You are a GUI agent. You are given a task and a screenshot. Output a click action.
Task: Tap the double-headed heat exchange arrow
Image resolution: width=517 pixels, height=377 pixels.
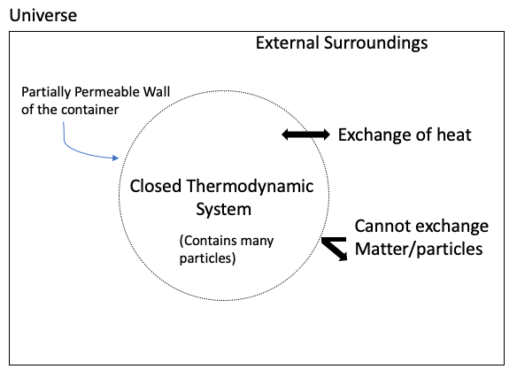[305, 135]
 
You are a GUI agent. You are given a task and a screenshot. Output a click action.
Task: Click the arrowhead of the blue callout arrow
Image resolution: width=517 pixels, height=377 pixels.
[114, 158]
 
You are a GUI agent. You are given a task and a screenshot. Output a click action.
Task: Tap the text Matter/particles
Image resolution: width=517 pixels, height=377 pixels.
[419, 250]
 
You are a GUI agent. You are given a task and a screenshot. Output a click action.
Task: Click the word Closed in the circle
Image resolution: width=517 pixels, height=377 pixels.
[155, 187]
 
